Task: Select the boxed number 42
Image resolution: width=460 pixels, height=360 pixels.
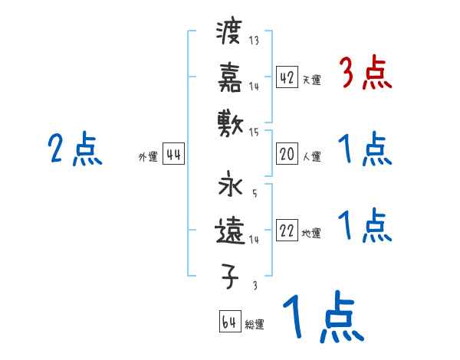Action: pos(287,77)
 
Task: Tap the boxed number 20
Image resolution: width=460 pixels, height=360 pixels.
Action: pos(287,154)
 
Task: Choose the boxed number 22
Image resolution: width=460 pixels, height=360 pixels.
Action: pos(287,231)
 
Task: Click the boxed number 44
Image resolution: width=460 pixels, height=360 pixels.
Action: pos(174,154)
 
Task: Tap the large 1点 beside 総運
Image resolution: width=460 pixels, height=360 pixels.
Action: pos(322,319)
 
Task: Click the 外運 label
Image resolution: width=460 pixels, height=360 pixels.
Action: pos(147,157)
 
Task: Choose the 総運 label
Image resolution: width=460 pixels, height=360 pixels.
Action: pos(255,325)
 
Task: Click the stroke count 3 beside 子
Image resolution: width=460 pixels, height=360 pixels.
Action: pos(255,285)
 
